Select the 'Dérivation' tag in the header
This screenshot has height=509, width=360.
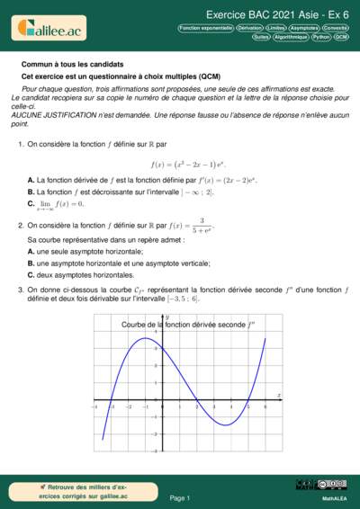[x=249, y=29]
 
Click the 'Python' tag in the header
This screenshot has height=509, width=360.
[x=321, y=38]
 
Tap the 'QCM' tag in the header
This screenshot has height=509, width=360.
[x=341, y=38]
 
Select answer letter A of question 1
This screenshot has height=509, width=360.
[x=31, y=181]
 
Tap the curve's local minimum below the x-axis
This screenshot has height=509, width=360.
[x=229, y=424]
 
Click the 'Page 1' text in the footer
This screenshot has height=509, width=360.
[x=180, y=497]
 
